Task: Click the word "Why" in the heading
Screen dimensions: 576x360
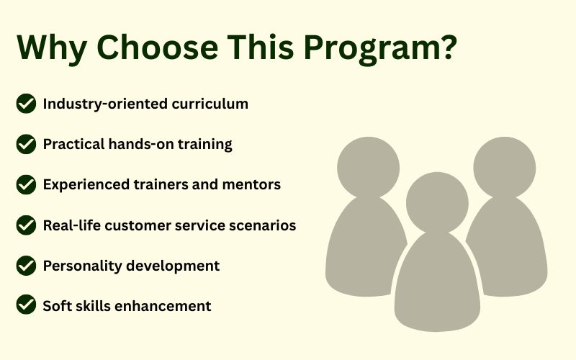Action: pos(52,48)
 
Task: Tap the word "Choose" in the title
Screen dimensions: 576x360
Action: pos(158,47)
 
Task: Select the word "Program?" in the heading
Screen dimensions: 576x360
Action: pos(380,48)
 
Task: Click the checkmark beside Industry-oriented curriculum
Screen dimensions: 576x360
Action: pos(26,104)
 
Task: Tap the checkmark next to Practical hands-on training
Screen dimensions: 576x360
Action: pos(26,144)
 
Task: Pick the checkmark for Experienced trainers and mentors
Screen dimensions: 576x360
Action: pos(26,184)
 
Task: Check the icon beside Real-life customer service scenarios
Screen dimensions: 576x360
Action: pos(26,225)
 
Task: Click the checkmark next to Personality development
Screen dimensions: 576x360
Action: pos(26,266)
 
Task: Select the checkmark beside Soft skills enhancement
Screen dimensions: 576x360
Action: pos(26,305)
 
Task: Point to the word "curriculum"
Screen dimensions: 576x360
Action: pos(210,104)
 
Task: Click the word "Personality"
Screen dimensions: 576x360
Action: pos(82,266)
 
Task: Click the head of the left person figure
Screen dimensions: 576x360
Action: pos(369,168)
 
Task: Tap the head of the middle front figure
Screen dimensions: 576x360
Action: pos(437,203)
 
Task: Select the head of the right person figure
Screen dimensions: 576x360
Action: pos(505,168)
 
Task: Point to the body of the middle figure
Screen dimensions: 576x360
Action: pos(437,283)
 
